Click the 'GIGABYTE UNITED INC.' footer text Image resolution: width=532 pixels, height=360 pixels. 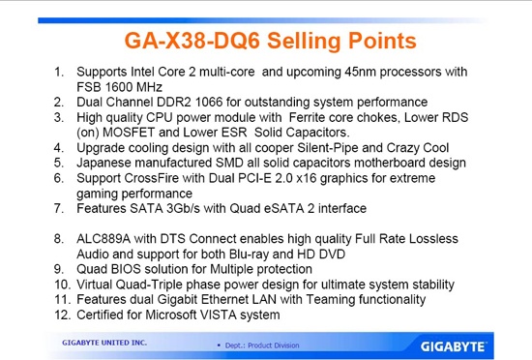click(103, 343)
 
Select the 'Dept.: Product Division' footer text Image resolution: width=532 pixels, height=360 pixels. click(259, 345)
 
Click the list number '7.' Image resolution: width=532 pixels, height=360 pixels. click(59, 207)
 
